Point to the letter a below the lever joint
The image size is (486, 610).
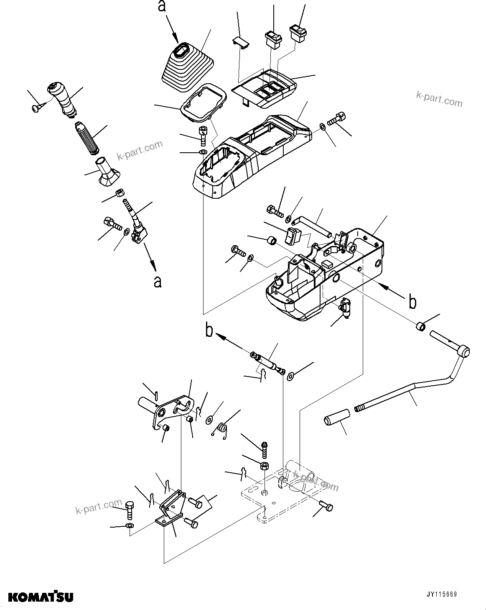pyautogui.click(x=157, y=281)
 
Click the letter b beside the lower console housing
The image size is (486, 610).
pyautogui.click(x=412, y=301)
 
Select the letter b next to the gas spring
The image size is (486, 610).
pyautogui.click(x=209, y=330)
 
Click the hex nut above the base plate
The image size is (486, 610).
pyautogui.click(x=265, y=465)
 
